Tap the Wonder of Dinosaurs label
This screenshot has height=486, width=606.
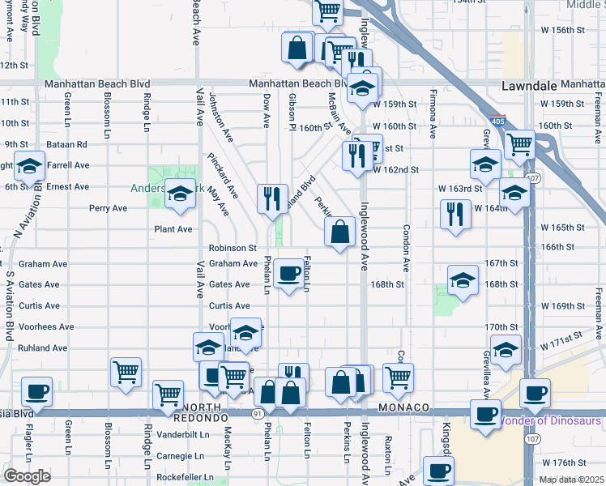pos(550,420)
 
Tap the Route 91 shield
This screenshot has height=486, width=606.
pos(257,413)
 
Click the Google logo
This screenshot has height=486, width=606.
pos(27,476)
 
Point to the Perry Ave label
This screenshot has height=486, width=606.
pos(108,208)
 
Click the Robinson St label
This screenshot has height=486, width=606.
pos(233,248)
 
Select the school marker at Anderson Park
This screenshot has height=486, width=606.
pos(180,194)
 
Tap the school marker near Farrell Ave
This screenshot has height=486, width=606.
pos(30,167)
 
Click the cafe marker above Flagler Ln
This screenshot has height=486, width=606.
pos(36,391)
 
